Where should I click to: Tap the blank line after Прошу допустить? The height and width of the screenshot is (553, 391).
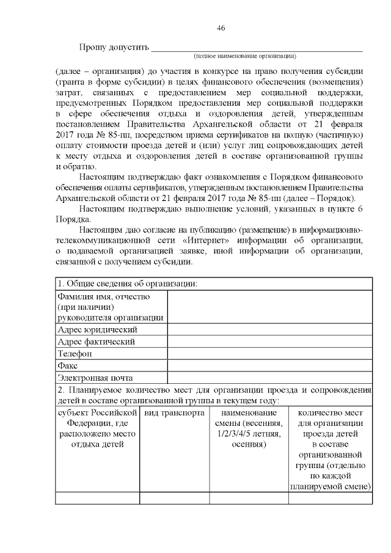(257, 49)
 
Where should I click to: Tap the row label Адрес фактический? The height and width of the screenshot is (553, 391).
(96, 342)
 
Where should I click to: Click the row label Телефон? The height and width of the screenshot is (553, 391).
(75, 354)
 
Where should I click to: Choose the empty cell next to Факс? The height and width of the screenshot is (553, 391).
(269, 365)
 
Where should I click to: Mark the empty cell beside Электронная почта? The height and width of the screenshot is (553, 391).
(269, 378)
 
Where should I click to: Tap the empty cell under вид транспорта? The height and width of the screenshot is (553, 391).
(174, 498)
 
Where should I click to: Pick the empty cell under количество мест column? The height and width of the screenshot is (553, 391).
(331, 498)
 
